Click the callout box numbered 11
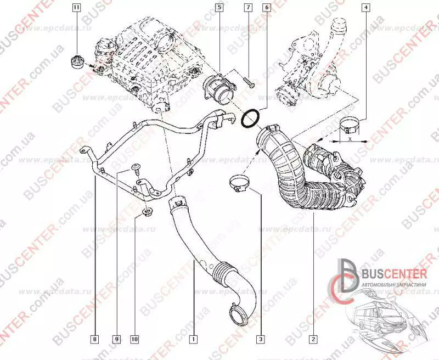tap(76, 8)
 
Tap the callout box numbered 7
tap(248, 8)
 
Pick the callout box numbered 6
tap(266, 8)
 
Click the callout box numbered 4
tap(365, 8)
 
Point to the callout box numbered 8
tap(95, 339)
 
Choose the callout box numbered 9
tap(116, 339)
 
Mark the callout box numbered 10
tap(134, 339)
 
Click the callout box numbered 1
tap(193, 339)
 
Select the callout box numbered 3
tap(261, 339)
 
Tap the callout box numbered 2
tap(313, 339)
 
